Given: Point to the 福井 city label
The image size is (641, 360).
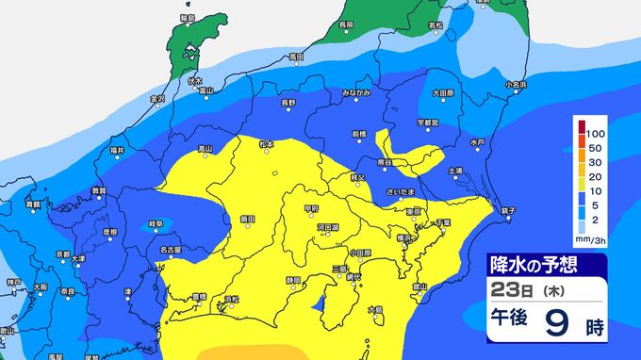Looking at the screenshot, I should (117, 151).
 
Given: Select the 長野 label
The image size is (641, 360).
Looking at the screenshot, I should (288, 101).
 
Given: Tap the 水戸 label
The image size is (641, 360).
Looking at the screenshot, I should (477, 141).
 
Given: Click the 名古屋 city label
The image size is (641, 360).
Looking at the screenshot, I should (171, 250).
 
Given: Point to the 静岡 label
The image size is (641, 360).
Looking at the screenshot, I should (296, 280).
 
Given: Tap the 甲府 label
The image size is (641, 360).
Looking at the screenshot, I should (312, 207).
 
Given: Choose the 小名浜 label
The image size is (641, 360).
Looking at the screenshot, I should (515, 85).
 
